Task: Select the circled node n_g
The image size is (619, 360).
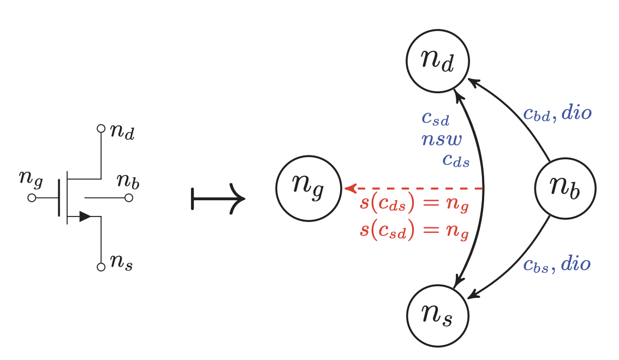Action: click(x=308, y=189)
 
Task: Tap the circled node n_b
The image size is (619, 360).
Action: click(x=564, y=189)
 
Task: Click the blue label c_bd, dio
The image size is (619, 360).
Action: click(x=557, y=113)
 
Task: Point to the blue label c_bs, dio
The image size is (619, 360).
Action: click(x=557, y=265)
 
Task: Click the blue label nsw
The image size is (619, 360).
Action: click(x=442, y=140)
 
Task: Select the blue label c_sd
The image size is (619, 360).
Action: click(x=435, y=117)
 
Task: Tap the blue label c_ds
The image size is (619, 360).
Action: click(x=456, y=160)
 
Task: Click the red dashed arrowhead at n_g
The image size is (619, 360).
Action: click(x=350, y=189)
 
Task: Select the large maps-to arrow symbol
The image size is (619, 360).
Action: click(x=217, y=199)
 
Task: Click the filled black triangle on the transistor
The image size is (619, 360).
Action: click(x=85, y=217)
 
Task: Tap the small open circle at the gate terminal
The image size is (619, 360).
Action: click(x=32, y=198)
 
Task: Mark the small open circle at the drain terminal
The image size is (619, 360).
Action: click(x=100, y=129)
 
